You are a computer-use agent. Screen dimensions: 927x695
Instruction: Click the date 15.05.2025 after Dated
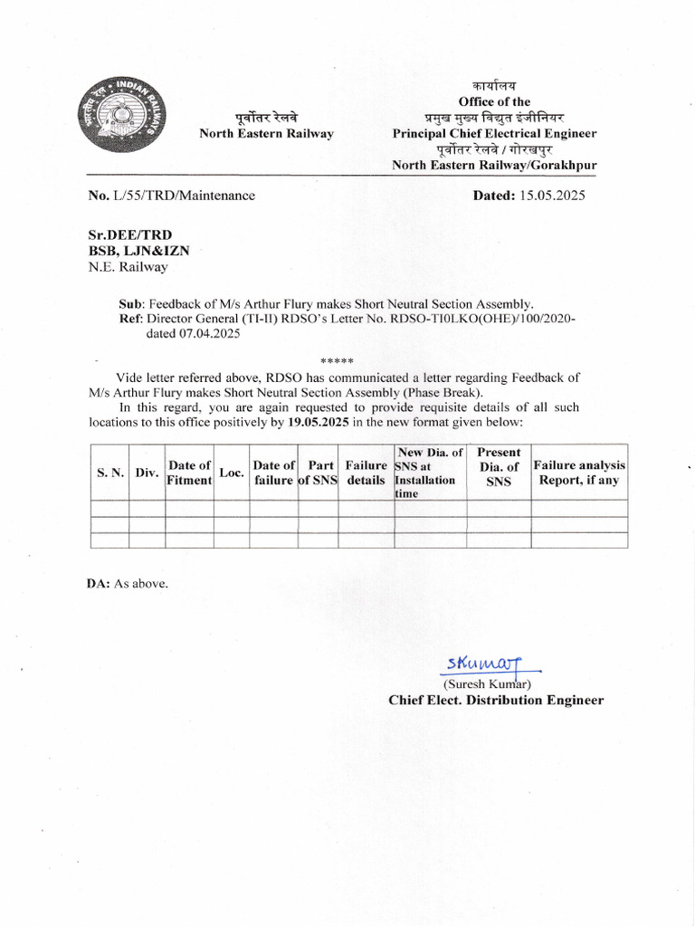[553, 195]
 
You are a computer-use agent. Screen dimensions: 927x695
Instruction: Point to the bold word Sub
[131, 304]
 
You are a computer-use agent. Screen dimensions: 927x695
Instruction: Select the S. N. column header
[109, 473]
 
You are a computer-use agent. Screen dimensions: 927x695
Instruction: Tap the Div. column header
[147, 473]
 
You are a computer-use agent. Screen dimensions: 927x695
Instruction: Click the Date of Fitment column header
[189, 473]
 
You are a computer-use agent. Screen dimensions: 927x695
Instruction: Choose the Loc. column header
[232, 473]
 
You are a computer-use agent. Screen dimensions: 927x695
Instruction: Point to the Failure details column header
[366, 473]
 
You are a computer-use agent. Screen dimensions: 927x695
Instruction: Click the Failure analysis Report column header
[579, 473]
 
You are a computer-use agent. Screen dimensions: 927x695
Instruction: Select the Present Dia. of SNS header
[499, 466]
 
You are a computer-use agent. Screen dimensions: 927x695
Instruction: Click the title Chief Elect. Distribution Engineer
[496, 700]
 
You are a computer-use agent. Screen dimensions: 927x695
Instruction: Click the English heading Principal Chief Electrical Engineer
[494, 133]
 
